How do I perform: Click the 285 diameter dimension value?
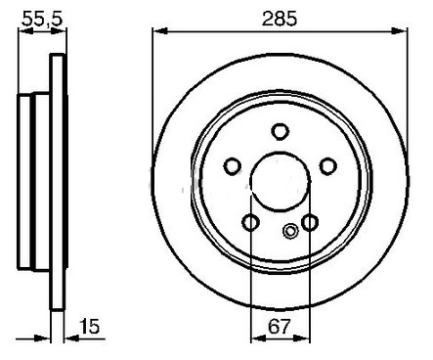[280, 19]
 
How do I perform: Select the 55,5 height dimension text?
[42, 18]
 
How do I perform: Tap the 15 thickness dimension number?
[89, 326]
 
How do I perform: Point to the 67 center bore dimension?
[279, 326]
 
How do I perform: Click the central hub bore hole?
[281, 182]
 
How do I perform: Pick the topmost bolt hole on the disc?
[281, 131]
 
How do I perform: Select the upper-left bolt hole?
[233, 166]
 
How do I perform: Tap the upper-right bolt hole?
[327, 166]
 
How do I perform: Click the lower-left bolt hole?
[250, 222]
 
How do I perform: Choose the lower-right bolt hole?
[310, 222]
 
